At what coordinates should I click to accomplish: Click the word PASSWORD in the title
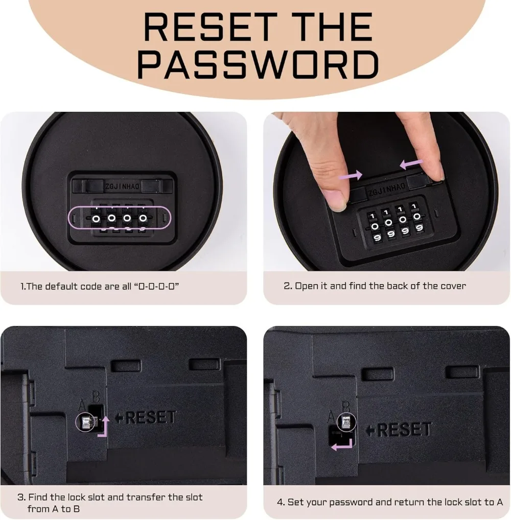258,65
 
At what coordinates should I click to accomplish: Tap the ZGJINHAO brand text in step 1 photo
123,186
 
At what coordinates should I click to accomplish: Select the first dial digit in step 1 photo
96,219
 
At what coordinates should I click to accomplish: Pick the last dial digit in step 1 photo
143,218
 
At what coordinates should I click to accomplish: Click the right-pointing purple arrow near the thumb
351,175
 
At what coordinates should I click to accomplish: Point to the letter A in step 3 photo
82,405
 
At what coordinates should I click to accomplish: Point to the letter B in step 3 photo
96,396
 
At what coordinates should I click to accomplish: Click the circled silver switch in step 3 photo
86,422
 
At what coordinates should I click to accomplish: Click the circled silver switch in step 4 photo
346,422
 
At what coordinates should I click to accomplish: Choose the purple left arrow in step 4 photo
342,445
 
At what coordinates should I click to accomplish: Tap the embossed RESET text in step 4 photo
399,430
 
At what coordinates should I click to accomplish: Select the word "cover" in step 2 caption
453,286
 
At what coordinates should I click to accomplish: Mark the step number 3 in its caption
21,497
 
